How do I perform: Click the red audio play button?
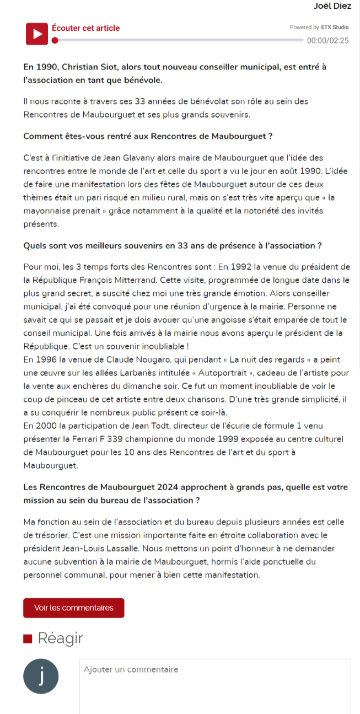pyautogui.click(x=36, y=34)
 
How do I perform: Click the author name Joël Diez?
pyautogui.click(x=332, y=6)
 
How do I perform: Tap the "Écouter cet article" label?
pyautogui.click(x=85, y=28)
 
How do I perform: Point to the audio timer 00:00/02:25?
pyautogui.click(x=327, y=40)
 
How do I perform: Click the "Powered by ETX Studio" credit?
pyautogui.click(x=319, y=27)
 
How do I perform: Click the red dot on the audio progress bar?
pyautogui.click(x=55, y=40)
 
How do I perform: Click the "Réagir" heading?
pyautogui.click(x=60, y=638)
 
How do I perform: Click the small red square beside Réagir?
pyautogui.click(x=28, y=639)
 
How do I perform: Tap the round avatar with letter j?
pyautogui.click(x=41, y=675)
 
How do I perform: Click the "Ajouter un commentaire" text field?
pyautogui.click(x=215, y=684)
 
